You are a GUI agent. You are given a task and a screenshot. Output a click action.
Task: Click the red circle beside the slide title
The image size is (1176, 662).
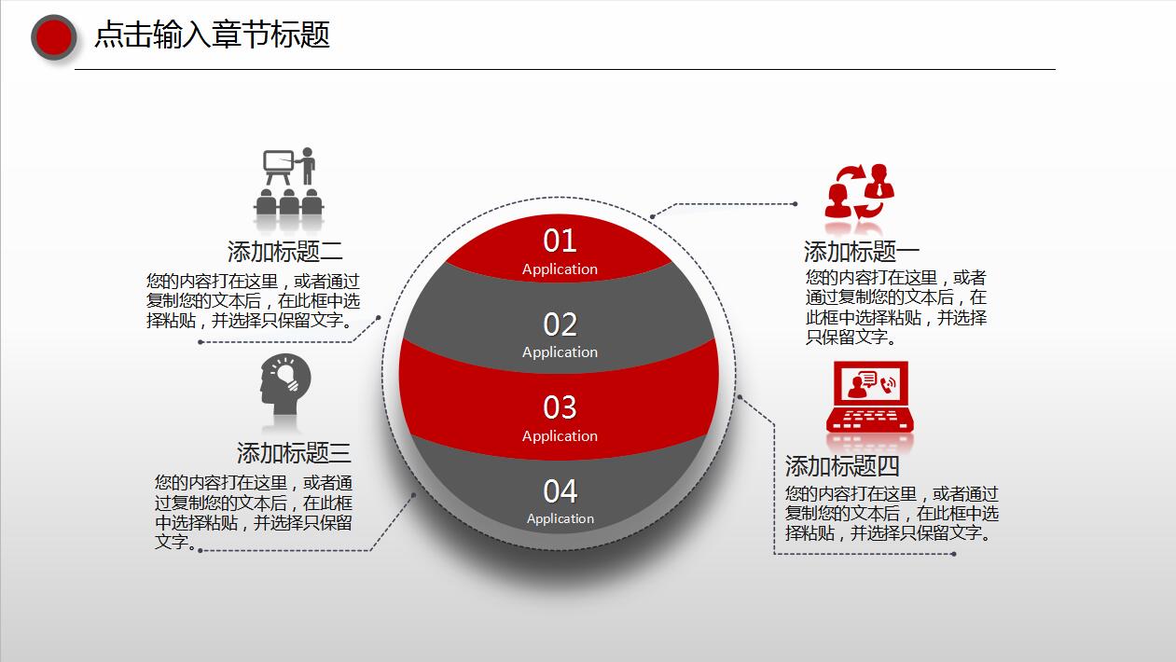[54, 37]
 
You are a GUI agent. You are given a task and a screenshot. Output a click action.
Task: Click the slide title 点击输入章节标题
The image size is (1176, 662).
[212, 34]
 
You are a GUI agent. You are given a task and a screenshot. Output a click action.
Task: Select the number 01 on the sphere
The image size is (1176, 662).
[560, 241]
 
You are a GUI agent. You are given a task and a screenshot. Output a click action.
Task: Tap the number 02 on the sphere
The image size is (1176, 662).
[560, 324]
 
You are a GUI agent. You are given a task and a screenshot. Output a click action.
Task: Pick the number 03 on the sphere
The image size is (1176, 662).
[560, 407]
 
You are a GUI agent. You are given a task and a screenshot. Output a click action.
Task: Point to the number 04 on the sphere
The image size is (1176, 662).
[560, 491]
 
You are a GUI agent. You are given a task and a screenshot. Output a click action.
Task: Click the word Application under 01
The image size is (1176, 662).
[560, 269]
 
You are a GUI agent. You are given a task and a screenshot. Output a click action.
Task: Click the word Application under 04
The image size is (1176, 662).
[560, 518]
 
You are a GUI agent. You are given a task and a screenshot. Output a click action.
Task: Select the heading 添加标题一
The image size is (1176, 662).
[862, 252]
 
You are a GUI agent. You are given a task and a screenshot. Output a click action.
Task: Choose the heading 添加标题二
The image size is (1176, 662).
[285, 252]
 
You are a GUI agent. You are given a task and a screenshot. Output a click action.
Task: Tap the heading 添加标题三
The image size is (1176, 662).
[294, 453]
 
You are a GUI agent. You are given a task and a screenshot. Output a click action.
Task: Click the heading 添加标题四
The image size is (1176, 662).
[842, 466]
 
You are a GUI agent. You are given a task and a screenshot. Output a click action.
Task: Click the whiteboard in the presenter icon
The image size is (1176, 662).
[278, 160]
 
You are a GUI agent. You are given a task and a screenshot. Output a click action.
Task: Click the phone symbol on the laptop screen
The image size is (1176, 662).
[889, 384]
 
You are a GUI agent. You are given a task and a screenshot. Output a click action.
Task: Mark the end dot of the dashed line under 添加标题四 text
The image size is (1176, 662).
[953, 554]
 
